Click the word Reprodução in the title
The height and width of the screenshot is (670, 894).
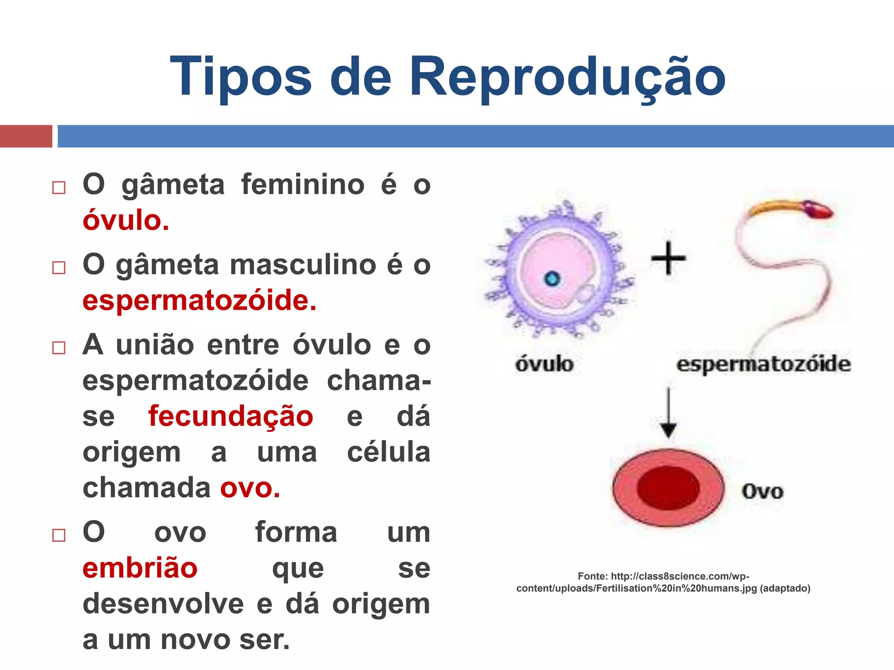567,78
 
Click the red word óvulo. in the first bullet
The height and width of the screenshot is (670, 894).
126,220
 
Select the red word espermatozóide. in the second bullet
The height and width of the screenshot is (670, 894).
199,301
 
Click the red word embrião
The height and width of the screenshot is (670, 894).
140,568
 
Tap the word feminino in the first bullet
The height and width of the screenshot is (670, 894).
303,185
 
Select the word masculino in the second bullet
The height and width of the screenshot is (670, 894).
303,265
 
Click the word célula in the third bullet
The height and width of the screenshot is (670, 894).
389,452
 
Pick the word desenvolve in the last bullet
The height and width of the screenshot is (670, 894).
163,604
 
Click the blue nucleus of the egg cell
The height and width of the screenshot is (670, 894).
552,278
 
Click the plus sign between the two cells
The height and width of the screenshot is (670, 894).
668,259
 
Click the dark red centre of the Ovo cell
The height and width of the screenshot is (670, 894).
668,488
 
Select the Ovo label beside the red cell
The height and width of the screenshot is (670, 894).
762,492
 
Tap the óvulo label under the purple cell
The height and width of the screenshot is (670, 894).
544,364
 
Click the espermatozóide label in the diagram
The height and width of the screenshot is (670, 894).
763,364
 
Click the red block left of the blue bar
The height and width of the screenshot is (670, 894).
26,136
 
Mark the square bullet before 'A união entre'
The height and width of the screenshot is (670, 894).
59,348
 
